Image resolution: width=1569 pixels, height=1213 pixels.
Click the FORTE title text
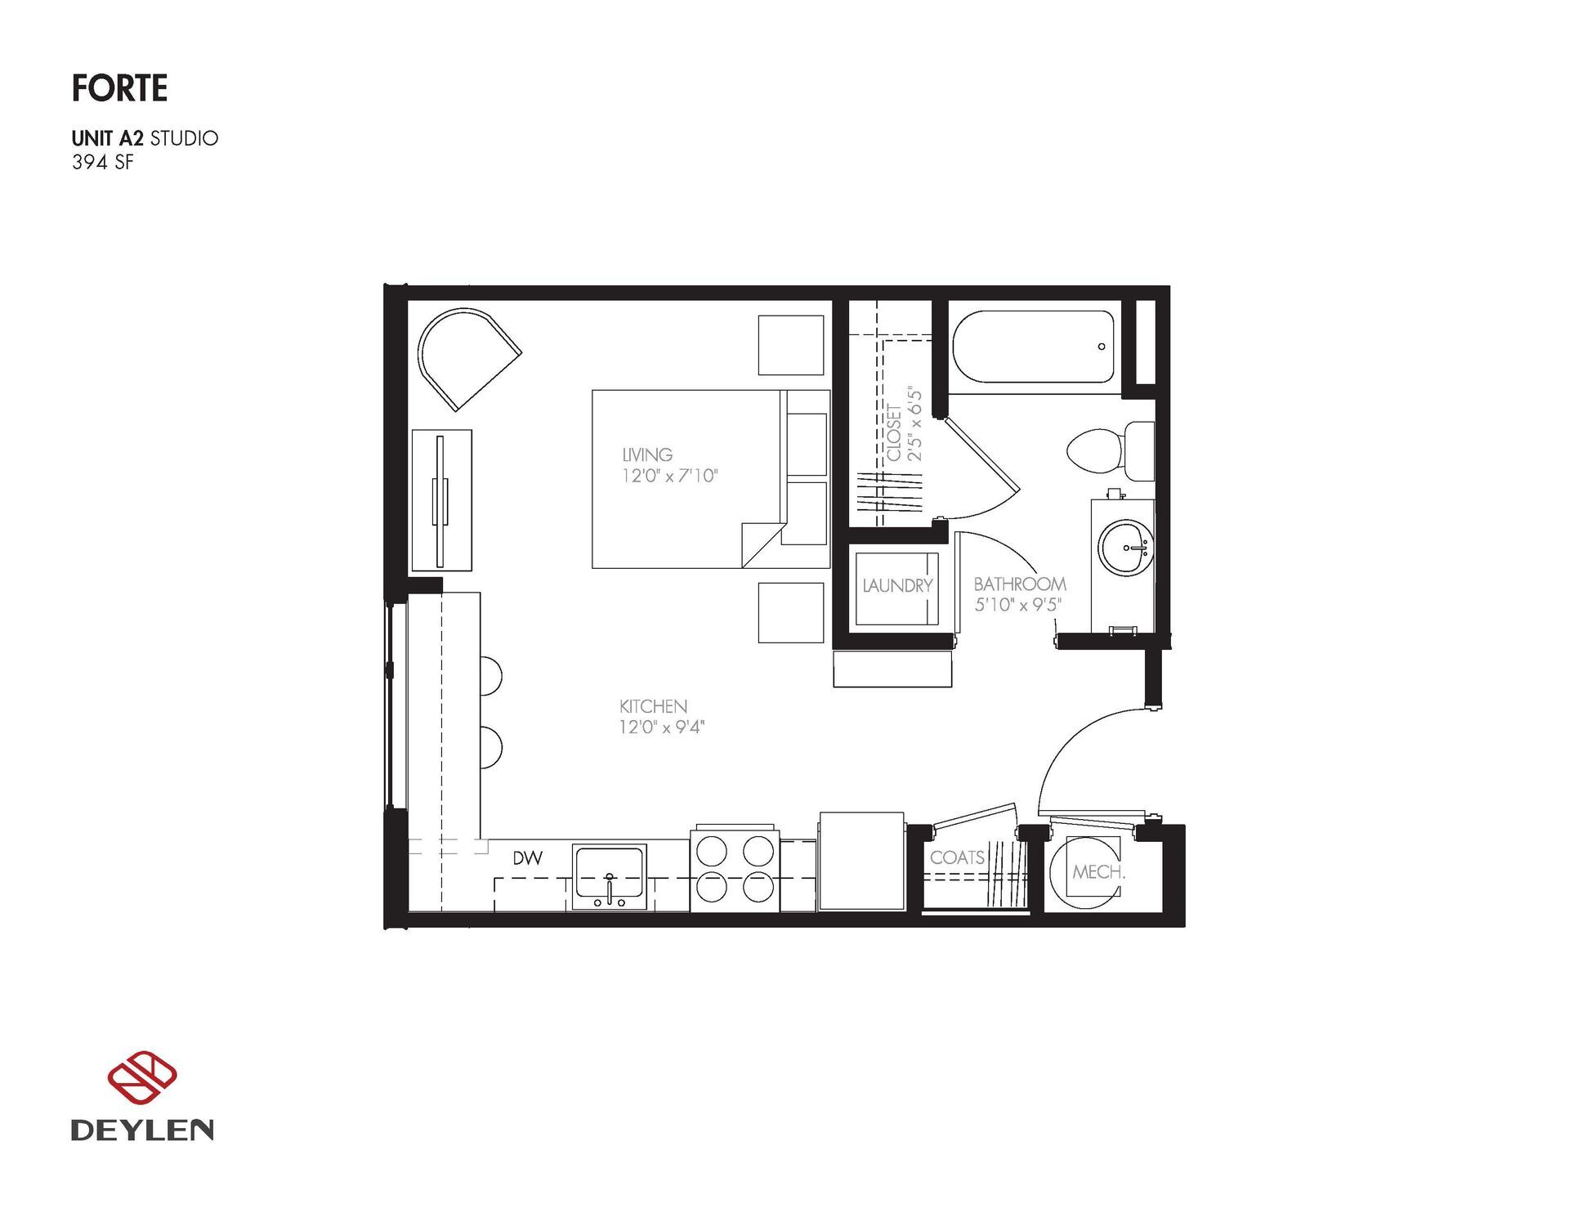pyautogui.click(x=119, y=88)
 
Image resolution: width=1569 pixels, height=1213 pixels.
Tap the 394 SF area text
pyautogui.click(x=102, y=163)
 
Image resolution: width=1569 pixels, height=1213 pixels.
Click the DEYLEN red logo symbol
pyautogui.click(x=142, y=1077)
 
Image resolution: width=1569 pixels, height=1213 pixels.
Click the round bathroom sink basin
pyautogui.click(x=1125, y=548)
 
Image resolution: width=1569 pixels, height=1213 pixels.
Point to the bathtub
pyautogui.click(x=1032, y=347)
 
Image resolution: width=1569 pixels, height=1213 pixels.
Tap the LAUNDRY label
pyautogui.click(x=896, y=586)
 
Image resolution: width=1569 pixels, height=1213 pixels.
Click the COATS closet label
pyautogui.click(x=957, y=857)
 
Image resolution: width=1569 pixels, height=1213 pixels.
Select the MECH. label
pyautogui.click(x=1098, y=872)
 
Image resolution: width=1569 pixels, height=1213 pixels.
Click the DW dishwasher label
pyautogui.click(x=528, y=858)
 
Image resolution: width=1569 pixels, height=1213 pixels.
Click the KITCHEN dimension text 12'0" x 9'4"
pyautogui.click(x=661, y=727)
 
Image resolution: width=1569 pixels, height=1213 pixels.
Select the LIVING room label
pyautogui.click(x=647, y=454)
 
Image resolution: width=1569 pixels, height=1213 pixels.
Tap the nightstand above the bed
pyautogui.click(x=790, y=345)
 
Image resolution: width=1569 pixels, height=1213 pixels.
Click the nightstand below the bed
pyautogui.click(x=790, y=612)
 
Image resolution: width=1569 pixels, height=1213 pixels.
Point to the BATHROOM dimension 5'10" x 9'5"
pyautogui.click(x=1017, y=605)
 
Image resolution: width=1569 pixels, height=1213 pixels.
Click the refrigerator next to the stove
pyautogui.click(x=860, y=861)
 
